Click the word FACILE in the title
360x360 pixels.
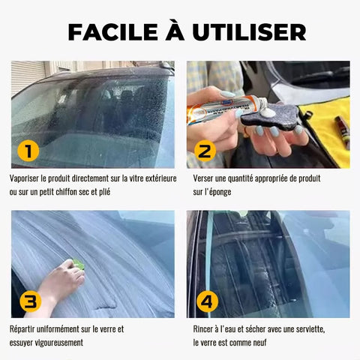(x=112, y=32)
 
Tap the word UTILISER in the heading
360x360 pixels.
(x=249, y=32)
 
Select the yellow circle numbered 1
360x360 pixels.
(x=28, y=151)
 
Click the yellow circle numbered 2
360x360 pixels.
(x=205, y=151)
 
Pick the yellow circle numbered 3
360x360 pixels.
(x=30, y=301)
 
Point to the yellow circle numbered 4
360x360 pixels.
(x=207, y=301)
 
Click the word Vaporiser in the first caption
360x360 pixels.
(x=25, y=178)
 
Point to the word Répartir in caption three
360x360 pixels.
(x=22, y=329)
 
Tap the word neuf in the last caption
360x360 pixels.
(x=259, y=342)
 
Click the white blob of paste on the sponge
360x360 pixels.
(x=268, y=112)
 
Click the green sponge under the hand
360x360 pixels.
(x=77, y=264)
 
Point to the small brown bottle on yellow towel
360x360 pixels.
(x=342, y=133)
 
